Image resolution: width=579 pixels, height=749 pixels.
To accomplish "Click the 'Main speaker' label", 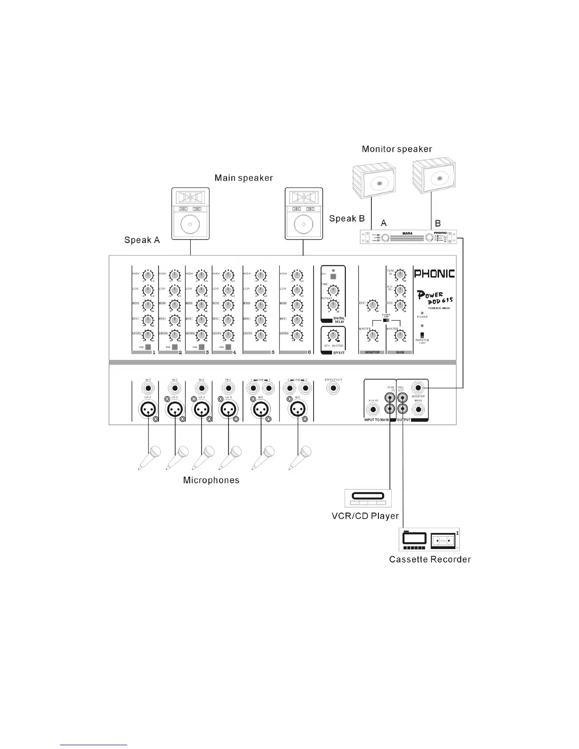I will coord(244,178).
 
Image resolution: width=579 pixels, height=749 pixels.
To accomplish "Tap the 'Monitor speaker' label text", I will coord(396,149).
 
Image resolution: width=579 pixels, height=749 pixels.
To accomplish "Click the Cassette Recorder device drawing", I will coord(430,540).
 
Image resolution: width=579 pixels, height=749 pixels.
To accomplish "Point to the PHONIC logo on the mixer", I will coord(434,273).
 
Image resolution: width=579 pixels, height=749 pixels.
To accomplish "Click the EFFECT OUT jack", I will coord(333,388).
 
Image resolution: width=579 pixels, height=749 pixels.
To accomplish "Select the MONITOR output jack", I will coord(418,388).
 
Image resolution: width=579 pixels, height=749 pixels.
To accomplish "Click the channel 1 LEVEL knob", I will coord(149,335).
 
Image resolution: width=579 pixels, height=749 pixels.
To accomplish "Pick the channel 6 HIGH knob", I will coord(297,275).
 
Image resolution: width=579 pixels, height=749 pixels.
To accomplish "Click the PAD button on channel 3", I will coord(202,347).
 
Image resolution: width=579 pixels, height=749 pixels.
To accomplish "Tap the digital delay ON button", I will coord(333,277).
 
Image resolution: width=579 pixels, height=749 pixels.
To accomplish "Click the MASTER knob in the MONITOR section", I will coord(373,336).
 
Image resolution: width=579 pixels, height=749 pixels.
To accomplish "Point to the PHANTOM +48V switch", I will coord(422,335).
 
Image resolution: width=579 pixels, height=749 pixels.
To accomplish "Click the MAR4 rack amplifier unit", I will coord(408,236).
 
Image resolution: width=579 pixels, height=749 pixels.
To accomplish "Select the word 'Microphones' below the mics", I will coord(211,480).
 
